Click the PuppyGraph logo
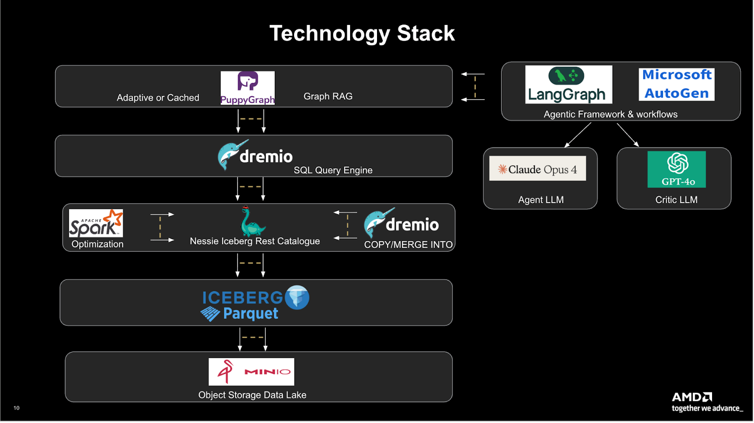(x=248, y=88)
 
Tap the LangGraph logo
(x=569, y=84)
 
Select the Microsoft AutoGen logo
(x=677, y=84)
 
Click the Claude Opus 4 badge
(x=538, y=168)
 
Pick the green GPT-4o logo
(x=677, y=169)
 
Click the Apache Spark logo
(x=96, y=223)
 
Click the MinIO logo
(x=252, y=372)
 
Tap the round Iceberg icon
(x=297, y=298)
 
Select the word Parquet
(x=251, y=314)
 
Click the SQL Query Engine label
(x=333, y=170)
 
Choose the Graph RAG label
(x=328, y=96)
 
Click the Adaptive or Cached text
(x=158, y=98)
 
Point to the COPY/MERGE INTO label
(x=408, y=244)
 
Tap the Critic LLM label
(x=676, y=200)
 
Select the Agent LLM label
(x=541, y=200)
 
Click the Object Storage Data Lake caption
(x=253, y=395)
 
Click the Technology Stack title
(x=362, y=33)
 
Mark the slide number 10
(x=16, y=408)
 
